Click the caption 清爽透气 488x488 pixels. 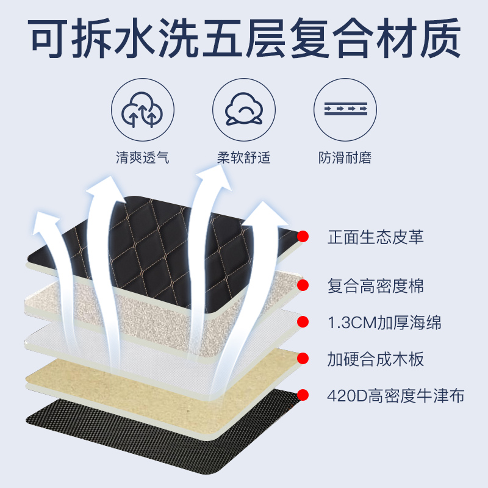click(142, 159)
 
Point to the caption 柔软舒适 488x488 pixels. click(243, 159)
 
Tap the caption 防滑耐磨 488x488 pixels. click(345, 159)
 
